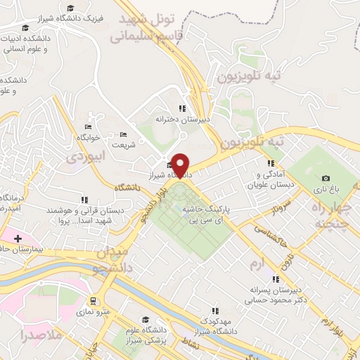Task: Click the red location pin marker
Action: pos(181,165)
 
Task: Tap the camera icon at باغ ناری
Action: pos(326,179)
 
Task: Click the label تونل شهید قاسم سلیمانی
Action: pos(150,27)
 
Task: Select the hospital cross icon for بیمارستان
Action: pos(18,238)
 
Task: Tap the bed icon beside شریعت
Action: pos(123,134)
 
